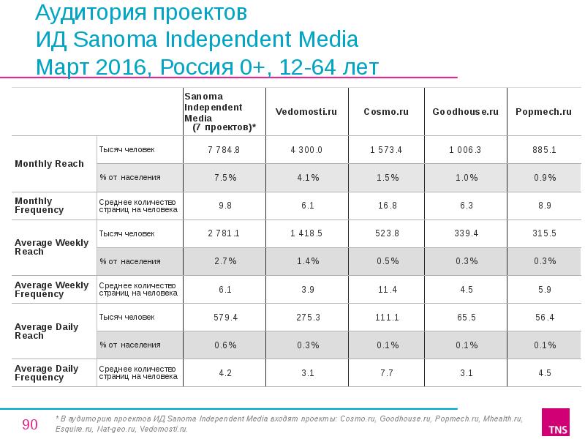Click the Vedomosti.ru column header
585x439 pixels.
[x=306, y=112]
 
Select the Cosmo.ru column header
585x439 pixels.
[x=385, y=112]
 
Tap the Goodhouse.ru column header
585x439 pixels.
[x=465, y=112]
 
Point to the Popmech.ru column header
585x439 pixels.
[x=543, y=112]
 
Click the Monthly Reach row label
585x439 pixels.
[x=49, y=163]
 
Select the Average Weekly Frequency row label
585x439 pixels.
[x=51, y=290]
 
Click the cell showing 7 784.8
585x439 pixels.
[x=224, y=150]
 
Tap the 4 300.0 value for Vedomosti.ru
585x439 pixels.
[x=306, y=150]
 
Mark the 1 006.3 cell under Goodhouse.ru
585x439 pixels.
[x=465, y=150]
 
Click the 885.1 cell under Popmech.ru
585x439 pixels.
[x=544, y=150]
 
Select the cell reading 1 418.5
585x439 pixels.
[x=306, y=233]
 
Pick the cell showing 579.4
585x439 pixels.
[x=224, y=318]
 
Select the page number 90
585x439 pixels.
[x=30, y=424]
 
